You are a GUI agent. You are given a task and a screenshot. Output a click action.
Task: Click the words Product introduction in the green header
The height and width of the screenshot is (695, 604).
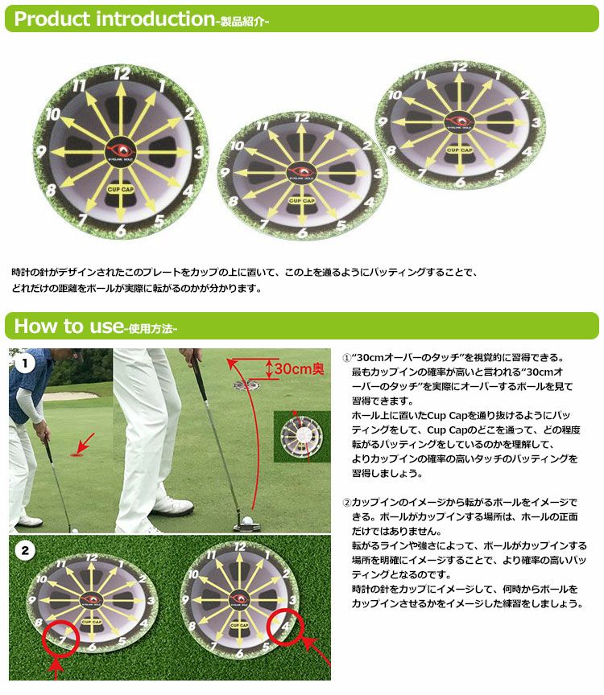pos(112,19)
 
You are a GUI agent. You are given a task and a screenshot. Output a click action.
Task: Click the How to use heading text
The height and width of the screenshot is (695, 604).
pos(68,326)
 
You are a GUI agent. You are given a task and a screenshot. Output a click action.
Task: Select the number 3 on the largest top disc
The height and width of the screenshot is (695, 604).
pos(199,150)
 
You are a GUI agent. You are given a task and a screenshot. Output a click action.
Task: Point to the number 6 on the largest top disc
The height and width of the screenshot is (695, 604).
pos(120,231)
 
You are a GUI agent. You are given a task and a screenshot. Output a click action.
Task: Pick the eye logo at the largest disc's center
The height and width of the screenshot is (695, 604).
pos(122,150)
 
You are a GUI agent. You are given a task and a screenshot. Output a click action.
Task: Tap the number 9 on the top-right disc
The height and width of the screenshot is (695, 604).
pos(383,122)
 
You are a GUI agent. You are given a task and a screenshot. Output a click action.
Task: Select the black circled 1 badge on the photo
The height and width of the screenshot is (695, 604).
pos(27,364)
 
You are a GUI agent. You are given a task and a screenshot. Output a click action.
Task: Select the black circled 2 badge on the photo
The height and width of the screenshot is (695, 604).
pos(26,551)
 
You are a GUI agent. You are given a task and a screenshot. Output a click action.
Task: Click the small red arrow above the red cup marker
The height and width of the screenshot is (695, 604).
pos(84,441)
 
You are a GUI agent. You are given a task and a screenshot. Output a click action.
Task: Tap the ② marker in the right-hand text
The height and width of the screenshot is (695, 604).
pos(347,502)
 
